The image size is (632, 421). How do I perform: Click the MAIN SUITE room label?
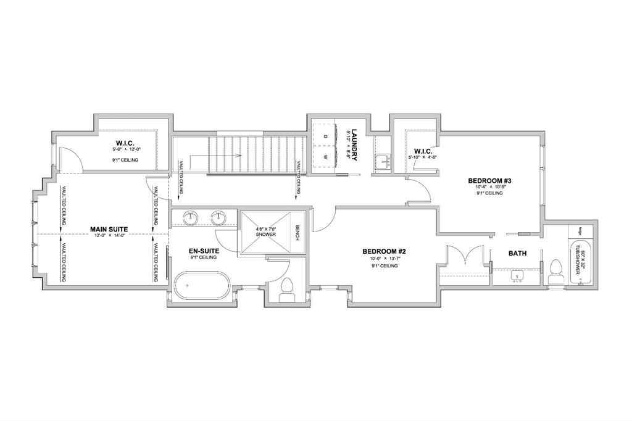click(x=109, y=228)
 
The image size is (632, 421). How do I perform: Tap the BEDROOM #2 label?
click(x=383, y=251)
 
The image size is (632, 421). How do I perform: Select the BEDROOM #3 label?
click(x=490, y=181)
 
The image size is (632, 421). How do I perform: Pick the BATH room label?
click(x=517, y=254)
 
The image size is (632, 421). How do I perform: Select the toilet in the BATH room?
click(x=556, y=272)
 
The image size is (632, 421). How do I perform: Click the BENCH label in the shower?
click(x=297, y=233)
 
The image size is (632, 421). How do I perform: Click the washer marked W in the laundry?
click(x=325, y=157)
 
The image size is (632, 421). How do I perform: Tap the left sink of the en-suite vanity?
click(x=191, y=217)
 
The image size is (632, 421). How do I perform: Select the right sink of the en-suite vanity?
click(x=218, y=217)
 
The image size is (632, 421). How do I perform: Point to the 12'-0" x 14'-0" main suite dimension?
click(x=109, y=235)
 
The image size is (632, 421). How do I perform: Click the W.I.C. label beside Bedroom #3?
click(x=423, y=151)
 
